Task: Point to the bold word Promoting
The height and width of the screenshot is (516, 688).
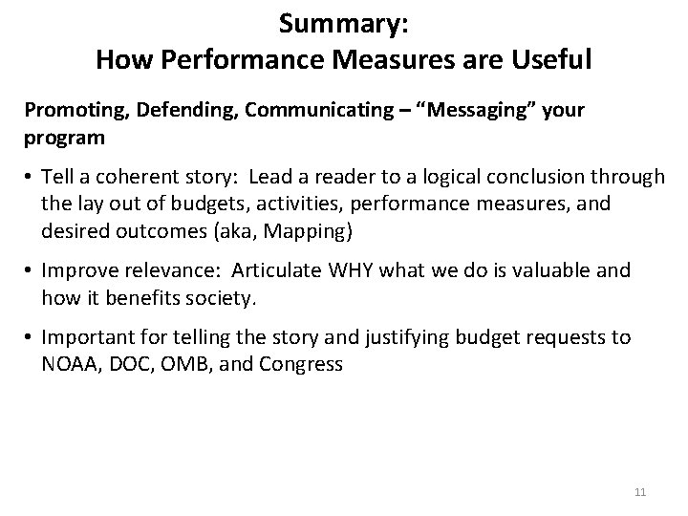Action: click(68, 111)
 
